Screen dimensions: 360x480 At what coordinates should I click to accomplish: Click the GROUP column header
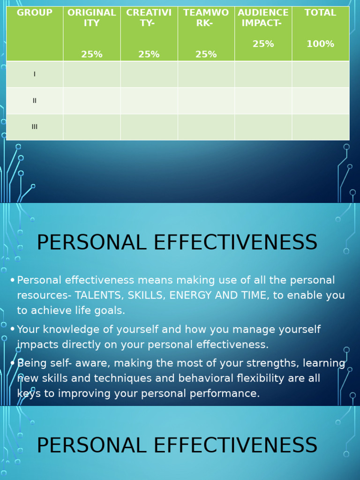pos(34,13)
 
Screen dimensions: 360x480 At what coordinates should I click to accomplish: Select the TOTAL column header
pos(320,13)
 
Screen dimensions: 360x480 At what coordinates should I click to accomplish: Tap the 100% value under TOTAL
pos(320,44)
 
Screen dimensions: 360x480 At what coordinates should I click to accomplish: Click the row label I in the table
pos(35,74)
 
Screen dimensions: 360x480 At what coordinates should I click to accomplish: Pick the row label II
pos(35,100)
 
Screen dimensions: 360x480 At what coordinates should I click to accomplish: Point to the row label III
pos(35,127)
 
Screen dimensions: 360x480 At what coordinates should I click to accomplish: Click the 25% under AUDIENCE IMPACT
pos(263,44)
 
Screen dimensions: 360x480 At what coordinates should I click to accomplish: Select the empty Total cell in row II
pos(321,101)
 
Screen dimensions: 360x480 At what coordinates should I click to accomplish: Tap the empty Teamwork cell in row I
pos(206,74)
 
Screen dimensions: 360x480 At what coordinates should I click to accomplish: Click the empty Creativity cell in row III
pos(149,127)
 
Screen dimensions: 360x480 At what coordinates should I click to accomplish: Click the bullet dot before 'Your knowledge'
pos(13,329)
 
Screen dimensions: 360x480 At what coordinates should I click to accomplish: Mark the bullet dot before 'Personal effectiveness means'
pos(13,280)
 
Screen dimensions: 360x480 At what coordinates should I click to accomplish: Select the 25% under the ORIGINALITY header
pos(91,54)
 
